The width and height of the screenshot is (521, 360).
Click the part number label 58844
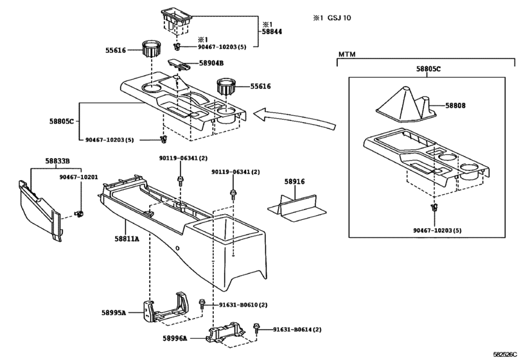click(272, 31)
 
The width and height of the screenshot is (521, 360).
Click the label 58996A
click(175, 338)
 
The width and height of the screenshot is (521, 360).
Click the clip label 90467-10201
click(77, 177)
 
